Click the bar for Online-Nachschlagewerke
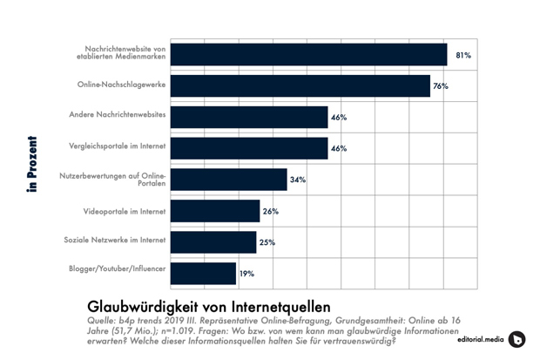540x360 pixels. point(300,85)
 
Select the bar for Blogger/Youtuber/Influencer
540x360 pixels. point(202,273)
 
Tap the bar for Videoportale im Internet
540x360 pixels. point(214,211)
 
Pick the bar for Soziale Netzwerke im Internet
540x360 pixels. point(213,241)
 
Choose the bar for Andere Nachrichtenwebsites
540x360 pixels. point(248,117)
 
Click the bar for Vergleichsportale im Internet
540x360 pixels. point(248,148)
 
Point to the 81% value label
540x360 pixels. point(462,55)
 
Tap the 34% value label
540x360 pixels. point(297,180)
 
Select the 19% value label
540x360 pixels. point(246,274)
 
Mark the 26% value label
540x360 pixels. point(270,211)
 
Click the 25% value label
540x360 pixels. point(267,242)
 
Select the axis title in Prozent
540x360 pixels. point(32,163)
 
